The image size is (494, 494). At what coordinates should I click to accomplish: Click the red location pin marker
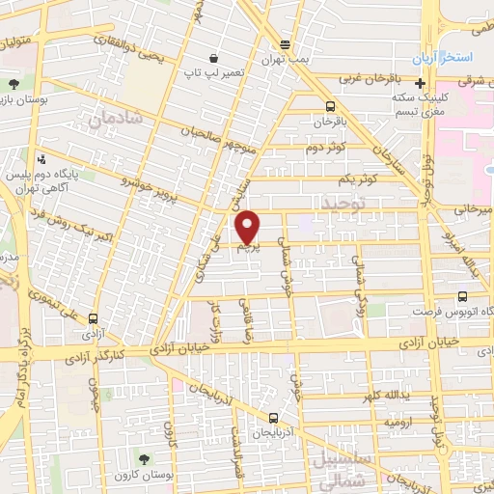pos(249,228)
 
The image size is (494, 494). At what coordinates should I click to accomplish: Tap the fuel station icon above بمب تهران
pos(285,44)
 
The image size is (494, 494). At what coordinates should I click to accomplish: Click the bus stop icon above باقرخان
pos(331,107)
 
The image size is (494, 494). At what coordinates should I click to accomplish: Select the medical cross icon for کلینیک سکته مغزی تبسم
pos(420,84)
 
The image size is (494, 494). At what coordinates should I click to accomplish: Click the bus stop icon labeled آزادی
pos(94,318)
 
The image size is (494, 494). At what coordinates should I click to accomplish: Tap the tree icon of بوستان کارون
pos(144,459)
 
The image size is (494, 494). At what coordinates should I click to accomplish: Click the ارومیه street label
pos(398,423)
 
